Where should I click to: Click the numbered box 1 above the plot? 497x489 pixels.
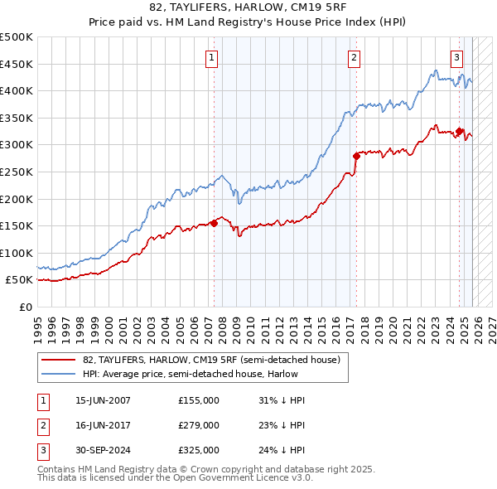point(213,57)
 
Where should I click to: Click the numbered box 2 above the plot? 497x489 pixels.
point(354,57)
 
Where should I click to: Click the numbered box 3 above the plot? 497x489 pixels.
point(456,57)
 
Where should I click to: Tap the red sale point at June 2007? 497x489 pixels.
point(214,222)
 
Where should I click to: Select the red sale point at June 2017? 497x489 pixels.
point(356,156)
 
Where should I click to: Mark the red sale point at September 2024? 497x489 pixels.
point(459,131)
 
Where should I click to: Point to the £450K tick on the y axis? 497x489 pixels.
point(17,64)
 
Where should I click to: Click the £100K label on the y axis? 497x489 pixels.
point(17,253)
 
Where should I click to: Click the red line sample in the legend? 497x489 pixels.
point(59,359)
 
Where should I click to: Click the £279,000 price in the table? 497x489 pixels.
point(199,425)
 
